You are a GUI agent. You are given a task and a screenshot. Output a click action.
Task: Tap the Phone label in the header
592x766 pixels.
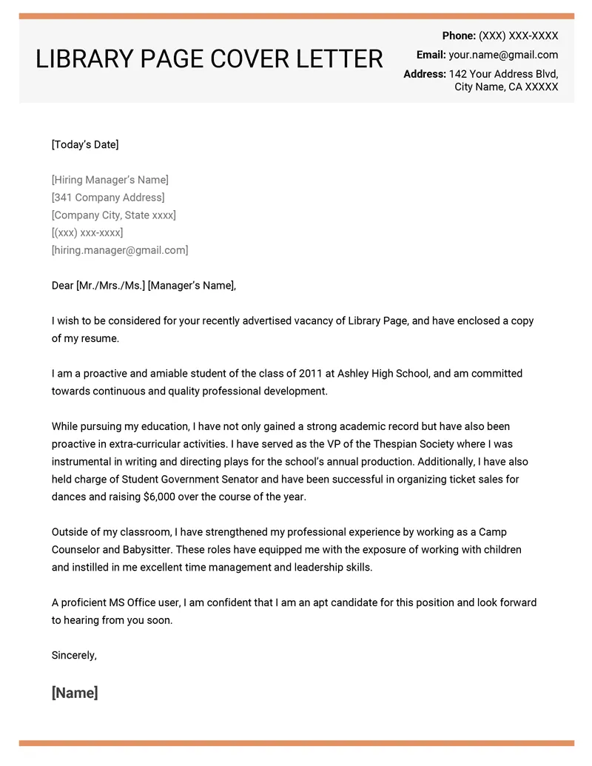[459, 36]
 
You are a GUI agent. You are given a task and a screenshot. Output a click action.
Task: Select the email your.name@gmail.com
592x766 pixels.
[503, 55]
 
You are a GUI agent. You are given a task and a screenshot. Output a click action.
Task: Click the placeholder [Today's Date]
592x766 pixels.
[85, 144]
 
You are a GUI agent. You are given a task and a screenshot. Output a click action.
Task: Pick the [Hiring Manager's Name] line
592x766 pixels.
[110, 180]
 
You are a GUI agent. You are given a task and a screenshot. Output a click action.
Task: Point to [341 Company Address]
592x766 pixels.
[108, 198]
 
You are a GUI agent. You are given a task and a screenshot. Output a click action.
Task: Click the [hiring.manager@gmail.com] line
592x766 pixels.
[120, 250]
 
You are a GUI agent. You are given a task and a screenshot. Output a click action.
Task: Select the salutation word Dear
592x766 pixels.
[62, 286]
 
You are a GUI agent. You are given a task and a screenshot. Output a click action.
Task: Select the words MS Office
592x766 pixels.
[142, 602]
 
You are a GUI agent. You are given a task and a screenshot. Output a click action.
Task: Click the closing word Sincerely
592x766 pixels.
[73, 655]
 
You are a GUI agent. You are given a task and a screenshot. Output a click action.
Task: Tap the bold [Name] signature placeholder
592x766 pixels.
[75, 693]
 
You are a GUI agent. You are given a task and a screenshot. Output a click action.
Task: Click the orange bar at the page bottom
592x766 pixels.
[296, 742]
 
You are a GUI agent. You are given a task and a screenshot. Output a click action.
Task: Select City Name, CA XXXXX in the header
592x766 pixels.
[506, 87]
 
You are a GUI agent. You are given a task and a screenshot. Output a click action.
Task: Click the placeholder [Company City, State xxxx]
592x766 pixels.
[114, 215]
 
